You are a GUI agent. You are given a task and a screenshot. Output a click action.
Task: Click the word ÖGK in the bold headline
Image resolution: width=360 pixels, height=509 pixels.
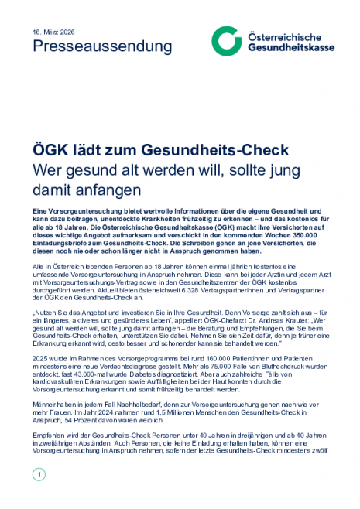tap(52, 148)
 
